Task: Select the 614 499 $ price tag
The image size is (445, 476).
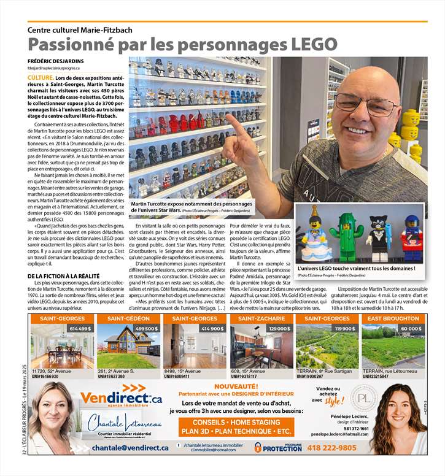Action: [80, 329]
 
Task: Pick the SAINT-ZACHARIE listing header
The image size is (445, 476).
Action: [261, 319]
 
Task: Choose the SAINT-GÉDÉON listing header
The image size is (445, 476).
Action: [128, 319]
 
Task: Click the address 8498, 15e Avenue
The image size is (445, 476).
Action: [184, 371]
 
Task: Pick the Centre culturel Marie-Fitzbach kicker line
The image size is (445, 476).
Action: [80, 29]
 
